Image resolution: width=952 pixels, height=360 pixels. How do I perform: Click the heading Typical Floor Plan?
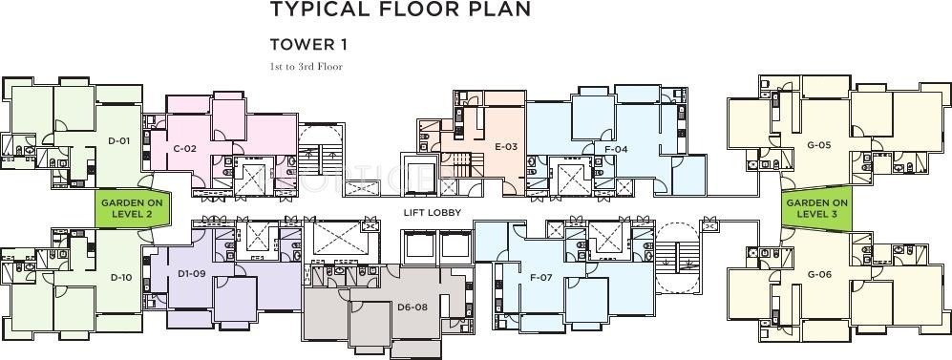(399, 11)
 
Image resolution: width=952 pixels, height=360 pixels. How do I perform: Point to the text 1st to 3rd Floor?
(306, 66)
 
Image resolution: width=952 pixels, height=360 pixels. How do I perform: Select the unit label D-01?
(118, 140)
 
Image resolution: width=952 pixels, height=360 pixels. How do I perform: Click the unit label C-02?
(184, 148)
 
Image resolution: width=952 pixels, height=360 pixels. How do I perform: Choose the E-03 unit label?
(506, 146)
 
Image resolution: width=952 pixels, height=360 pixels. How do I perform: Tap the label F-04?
(616, 149)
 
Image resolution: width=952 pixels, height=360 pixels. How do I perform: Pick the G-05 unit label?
(818, 145)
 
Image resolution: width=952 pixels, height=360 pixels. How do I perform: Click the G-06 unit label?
(818, 274)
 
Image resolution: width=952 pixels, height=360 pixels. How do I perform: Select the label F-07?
(541, 278)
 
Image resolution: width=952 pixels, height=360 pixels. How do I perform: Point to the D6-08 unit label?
(413, 307)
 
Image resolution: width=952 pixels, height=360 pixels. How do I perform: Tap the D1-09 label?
(191, 274)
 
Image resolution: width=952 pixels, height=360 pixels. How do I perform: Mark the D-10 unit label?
(120, 277)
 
